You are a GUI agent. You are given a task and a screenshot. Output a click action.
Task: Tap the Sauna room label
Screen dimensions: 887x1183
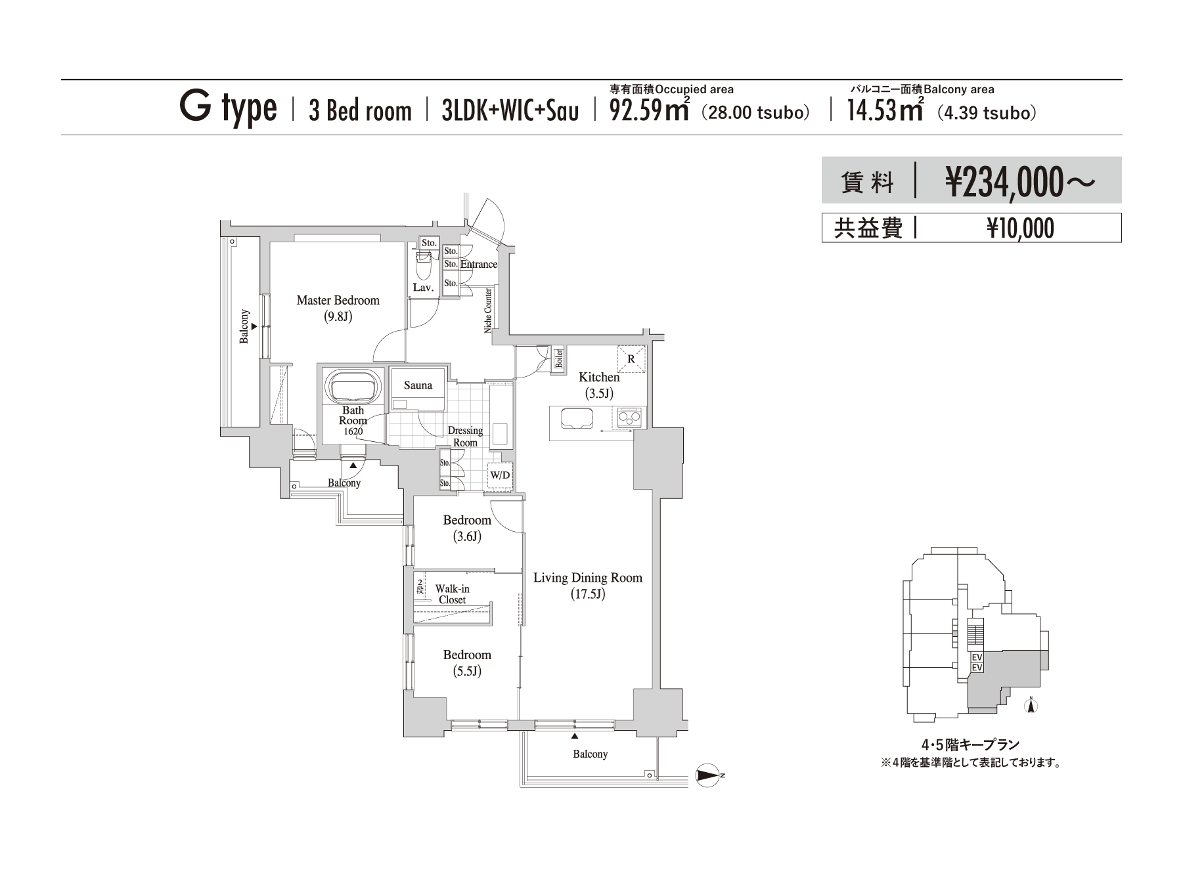(418, 385)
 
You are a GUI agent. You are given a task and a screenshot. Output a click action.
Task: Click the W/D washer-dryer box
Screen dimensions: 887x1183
(500, 475)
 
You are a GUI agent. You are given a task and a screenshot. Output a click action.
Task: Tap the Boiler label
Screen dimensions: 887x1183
(559, 358)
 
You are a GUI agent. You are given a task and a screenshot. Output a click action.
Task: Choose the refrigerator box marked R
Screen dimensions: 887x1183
(631, 359)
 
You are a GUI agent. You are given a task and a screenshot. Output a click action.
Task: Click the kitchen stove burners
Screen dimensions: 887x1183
(629, 417)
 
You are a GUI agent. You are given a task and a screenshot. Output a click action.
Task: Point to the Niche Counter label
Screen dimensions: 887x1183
(488, 311)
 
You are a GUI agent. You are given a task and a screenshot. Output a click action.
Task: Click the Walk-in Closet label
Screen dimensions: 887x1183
(452, 594)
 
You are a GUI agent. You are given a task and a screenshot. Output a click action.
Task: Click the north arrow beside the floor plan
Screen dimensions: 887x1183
(707, 775)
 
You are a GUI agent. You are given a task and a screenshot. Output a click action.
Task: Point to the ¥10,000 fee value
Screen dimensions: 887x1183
(1020, 228)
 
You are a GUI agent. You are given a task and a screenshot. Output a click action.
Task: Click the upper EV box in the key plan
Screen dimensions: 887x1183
(977, 657)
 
